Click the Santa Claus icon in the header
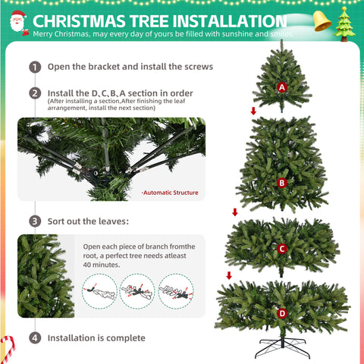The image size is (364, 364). pos(17,24)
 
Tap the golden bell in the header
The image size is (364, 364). pos(322,21)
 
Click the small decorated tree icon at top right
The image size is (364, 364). pos(346,23)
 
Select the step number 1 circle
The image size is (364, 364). pos(35,67)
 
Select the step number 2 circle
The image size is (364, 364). pos(35,93)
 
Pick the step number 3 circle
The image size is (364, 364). pos(35,221)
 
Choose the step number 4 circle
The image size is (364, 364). pos(35,337)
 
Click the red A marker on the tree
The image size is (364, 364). pos(282,87)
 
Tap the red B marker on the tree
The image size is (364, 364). pos(282,182)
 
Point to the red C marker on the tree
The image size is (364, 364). pos(282,248)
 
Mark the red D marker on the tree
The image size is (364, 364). pos(282,312)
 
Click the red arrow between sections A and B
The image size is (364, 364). pos(253,111)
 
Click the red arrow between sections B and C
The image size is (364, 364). pos(234,212)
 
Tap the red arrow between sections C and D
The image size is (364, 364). pos(228,275)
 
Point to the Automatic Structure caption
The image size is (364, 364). pos(170,193)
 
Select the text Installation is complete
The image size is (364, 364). pos(96,337)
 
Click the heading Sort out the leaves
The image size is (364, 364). pos(88,221)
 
